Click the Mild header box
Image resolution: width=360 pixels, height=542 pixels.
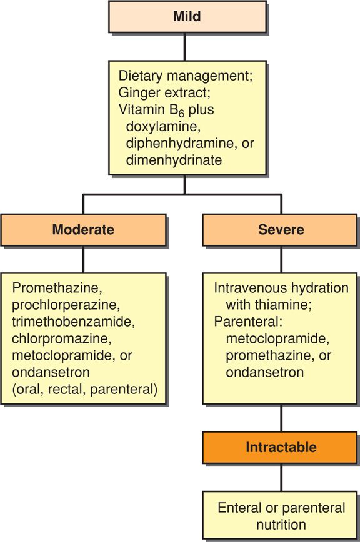(186, 17)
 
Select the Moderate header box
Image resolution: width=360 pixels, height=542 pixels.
(83, 229)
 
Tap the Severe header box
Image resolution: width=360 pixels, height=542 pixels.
(281, 229)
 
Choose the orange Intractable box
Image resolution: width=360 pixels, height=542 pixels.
(281, 448)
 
